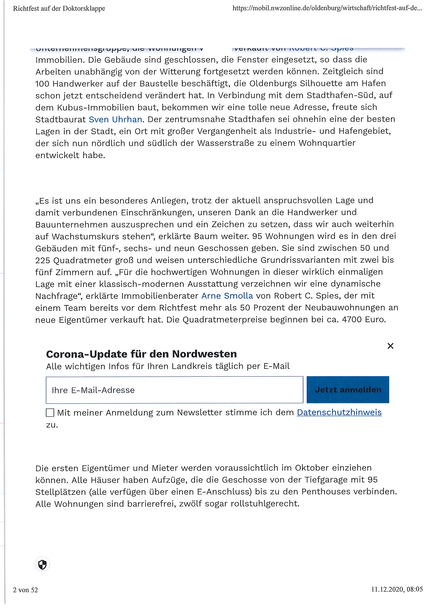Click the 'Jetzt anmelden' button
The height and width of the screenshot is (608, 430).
tap(348, 390)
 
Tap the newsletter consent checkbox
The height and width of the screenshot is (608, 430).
tap(50, 412)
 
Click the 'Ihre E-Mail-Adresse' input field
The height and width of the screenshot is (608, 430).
tap(174, 390)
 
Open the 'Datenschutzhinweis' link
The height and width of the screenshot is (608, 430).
tap(339, 412)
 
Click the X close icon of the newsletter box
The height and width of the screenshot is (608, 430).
tap(390, 346)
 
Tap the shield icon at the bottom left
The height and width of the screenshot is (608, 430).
tap(42, 564)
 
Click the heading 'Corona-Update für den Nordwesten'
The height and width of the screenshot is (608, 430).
tap(141, 354)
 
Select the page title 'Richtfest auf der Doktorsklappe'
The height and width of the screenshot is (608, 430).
tap(59, 8)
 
